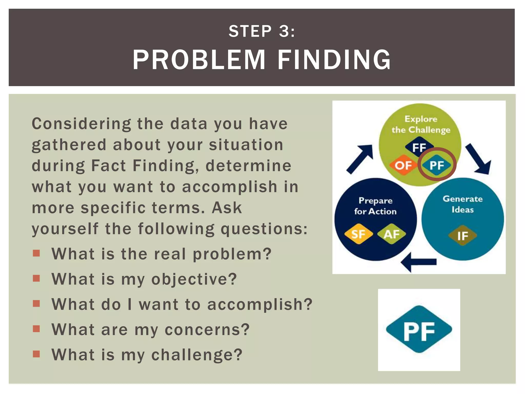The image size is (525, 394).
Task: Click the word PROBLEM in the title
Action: tap(199, 60)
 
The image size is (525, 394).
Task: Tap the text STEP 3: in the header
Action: tap(262, 31)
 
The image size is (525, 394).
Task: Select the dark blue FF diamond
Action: tap(419, 147)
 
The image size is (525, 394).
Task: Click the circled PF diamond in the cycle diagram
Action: tap(437, 165)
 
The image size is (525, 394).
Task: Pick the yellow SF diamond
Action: tap(358, 234)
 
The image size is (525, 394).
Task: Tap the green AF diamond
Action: tap(391, 234)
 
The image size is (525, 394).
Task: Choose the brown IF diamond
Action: tap(462, 235)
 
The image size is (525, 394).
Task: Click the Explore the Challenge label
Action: tap(421, 124)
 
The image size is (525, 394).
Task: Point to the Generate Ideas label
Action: tap(462, 204)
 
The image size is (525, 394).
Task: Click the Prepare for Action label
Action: tap(375, 206)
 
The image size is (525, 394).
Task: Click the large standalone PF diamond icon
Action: tap(419, 330)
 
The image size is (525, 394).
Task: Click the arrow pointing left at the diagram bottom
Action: tap(419, 262)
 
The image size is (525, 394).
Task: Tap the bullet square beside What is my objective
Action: tap(36, 278)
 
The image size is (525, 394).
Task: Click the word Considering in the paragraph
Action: tap(81, 124)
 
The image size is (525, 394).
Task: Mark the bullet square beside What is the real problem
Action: tap(36, 253)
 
